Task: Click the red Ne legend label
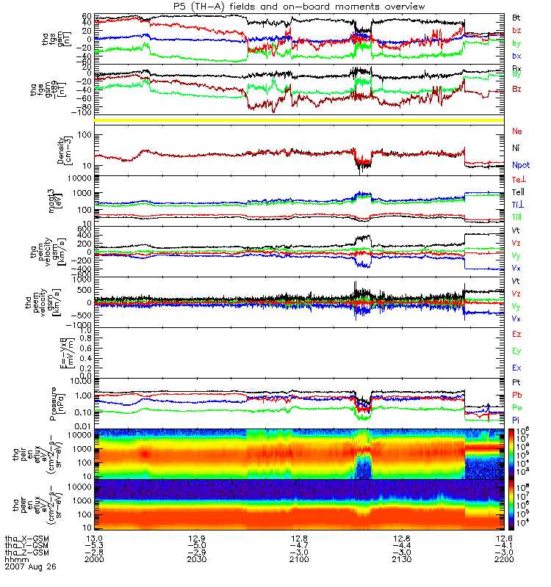(516, 131)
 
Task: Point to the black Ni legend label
(516, 149)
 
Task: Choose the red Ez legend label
(516, 334)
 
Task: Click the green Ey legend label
(516, 351)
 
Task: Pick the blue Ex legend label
(516, 368)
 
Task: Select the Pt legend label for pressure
(516, 383)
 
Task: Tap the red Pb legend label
(516, 395)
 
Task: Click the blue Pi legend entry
(516, 419)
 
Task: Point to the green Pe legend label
(516, 406)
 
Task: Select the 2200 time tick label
(503, 560)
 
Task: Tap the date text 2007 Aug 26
(30, 567)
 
